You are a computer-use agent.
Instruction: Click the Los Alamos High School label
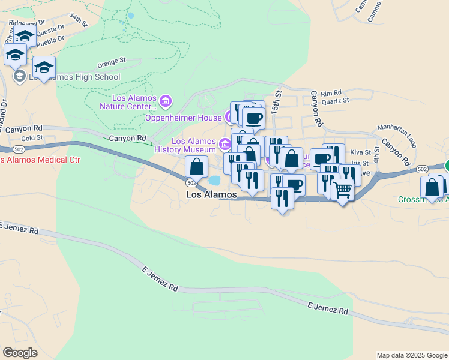75,77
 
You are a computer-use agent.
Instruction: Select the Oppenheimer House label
183,118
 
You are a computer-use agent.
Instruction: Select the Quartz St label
335,101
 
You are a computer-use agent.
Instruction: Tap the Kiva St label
360,152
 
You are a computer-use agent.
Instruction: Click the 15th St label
277,103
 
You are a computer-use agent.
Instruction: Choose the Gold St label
31,137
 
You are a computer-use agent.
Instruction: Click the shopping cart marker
342,191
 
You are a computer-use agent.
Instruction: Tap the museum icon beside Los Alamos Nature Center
166,102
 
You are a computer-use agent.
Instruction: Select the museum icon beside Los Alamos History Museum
224,144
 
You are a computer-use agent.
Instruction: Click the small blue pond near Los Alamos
214,180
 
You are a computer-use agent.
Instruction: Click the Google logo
20,353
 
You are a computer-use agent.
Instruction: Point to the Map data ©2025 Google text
412,355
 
